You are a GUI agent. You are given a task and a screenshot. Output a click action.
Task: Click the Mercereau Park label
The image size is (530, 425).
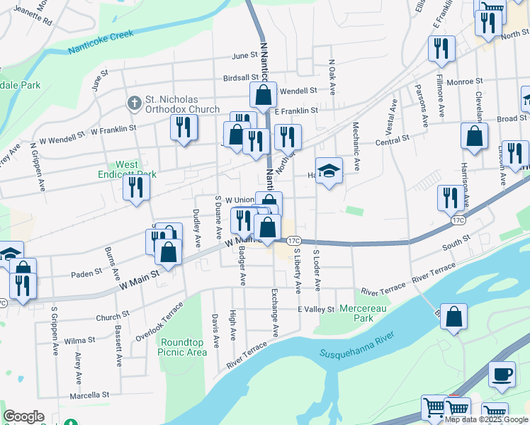(366, 314)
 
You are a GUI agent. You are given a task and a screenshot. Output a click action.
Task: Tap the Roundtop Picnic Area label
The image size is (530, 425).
(182, 347)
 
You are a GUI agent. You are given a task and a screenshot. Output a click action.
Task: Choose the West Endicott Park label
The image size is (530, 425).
(117, 169)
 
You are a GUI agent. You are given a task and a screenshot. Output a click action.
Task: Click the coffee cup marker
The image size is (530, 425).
(502, 373)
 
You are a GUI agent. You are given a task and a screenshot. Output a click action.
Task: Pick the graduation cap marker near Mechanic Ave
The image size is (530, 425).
(329, 171)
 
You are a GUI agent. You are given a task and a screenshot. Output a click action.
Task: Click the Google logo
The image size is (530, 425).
(23, 416)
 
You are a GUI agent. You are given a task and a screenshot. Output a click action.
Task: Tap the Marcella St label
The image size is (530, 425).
(89, 395)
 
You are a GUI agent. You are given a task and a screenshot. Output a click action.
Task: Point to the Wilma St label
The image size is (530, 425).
(79, 341)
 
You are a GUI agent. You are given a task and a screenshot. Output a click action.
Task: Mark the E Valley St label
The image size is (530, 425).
(315, 310)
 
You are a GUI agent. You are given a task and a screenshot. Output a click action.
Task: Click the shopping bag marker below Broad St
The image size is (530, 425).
(474, 136)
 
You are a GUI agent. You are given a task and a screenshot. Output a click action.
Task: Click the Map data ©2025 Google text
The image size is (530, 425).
(487, 419)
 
